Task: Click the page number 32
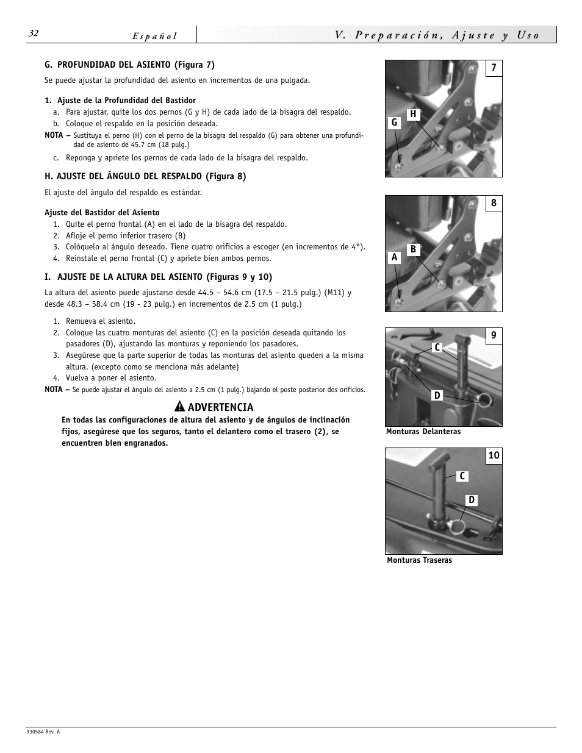(33, 34)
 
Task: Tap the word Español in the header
(155, 36)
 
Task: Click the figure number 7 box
(494, 68)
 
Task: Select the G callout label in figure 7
(394, 123)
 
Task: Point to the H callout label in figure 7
(413, 114)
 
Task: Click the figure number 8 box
(494, 203)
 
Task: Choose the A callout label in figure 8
(394, 257)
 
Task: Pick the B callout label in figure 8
(413, 249)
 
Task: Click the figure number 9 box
(494, 335)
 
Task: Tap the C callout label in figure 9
(437, 347)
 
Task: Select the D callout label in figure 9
(437, 396)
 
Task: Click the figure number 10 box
(494, 455)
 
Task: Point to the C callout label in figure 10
(462, 476)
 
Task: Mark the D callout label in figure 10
(472, 500)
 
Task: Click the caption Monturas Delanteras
(423, 432)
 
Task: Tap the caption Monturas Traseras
(419, 560)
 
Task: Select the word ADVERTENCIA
(220, 407)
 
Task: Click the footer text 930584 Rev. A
(43, 732)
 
